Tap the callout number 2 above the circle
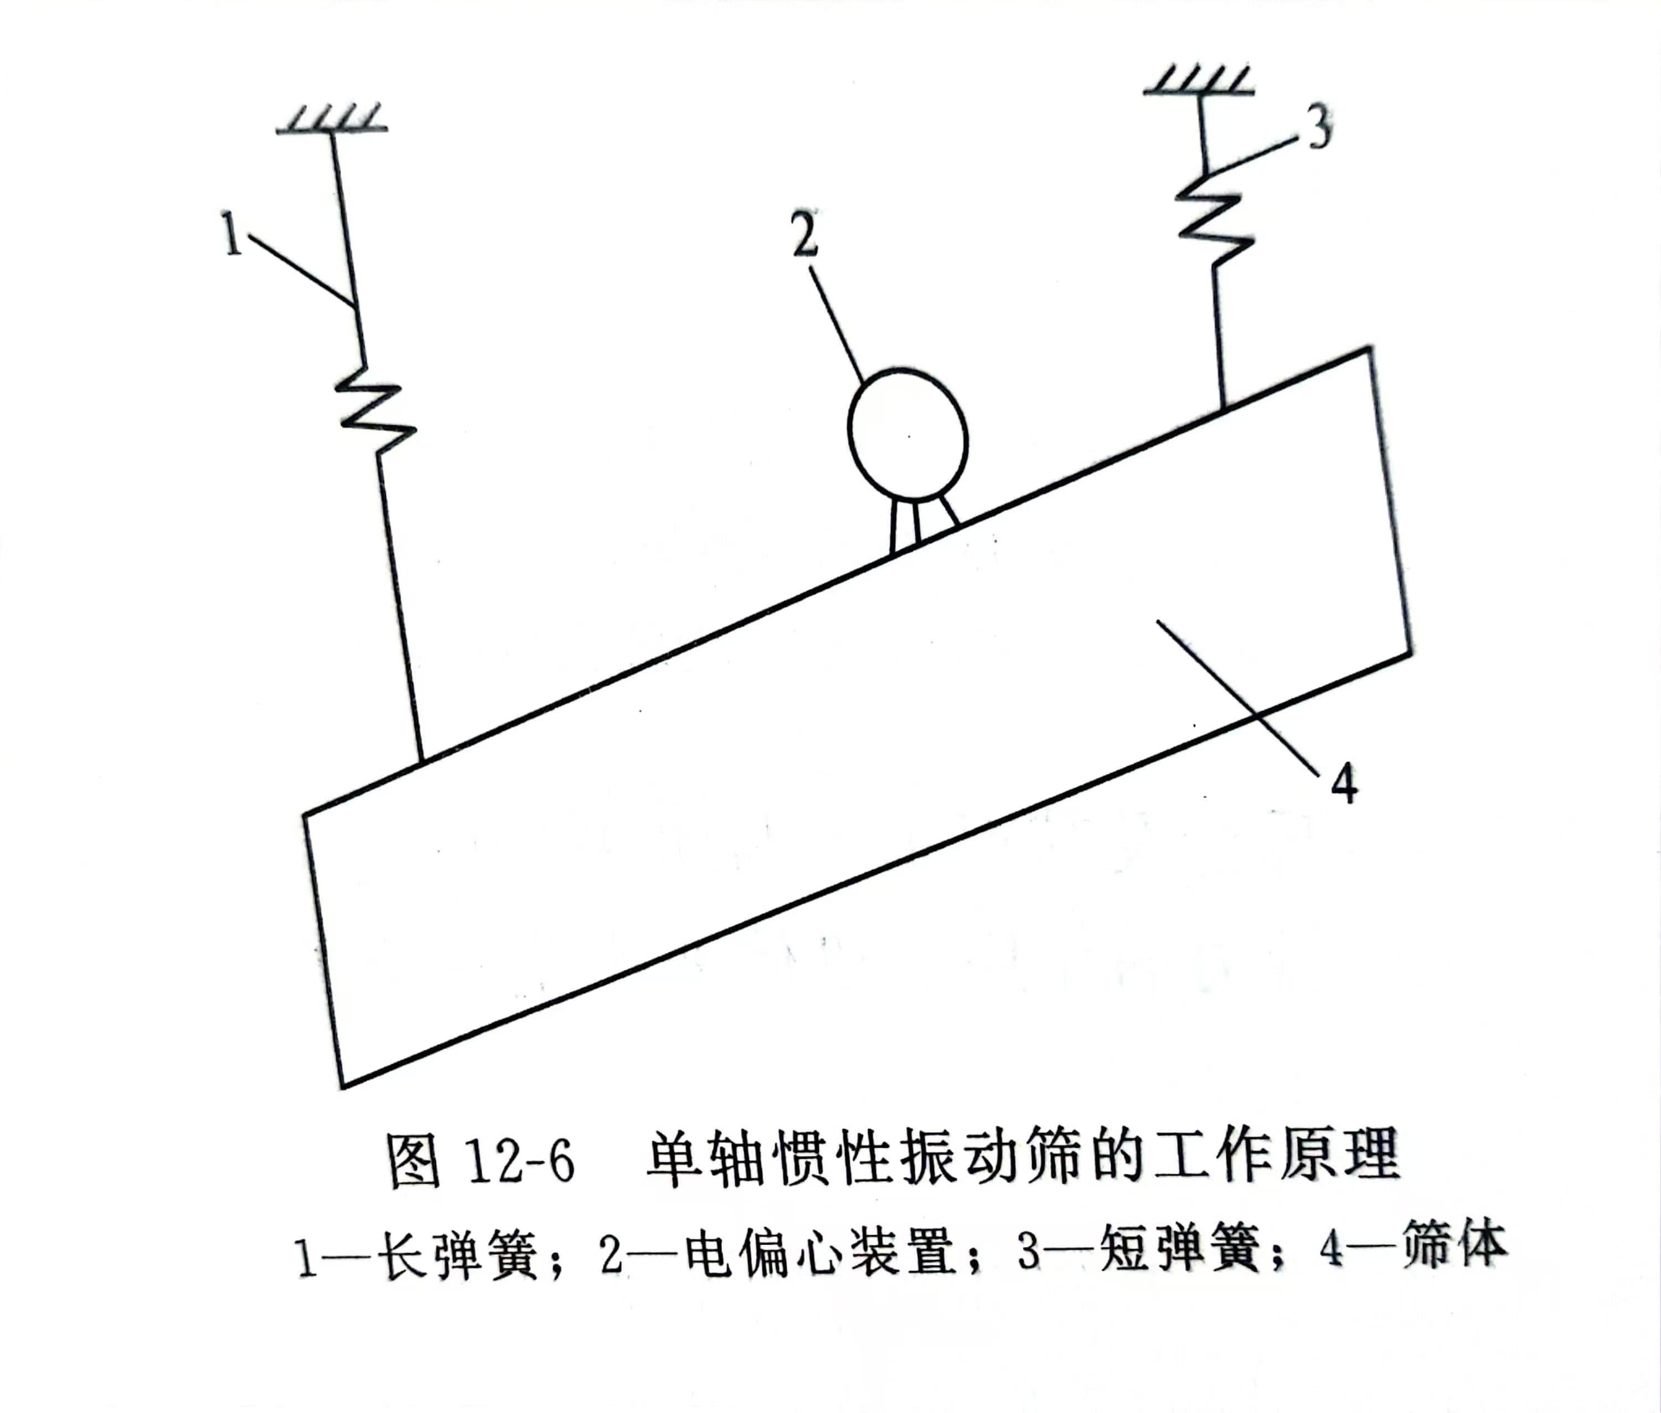point(806,234)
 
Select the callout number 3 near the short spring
point(1319,128)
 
